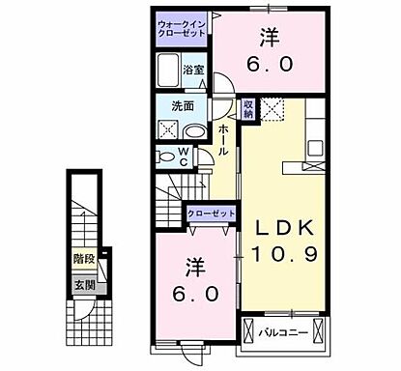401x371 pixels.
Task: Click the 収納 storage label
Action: pyautogui.click(x=248, y=110)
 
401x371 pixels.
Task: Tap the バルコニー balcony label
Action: pyautogui.click(x=283, y=333)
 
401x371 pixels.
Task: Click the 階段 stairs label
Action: pyautogui.click(x=82, y=259)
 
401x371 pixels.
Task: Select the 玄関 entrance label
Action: pyautogui.click(x=82, y=286)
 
